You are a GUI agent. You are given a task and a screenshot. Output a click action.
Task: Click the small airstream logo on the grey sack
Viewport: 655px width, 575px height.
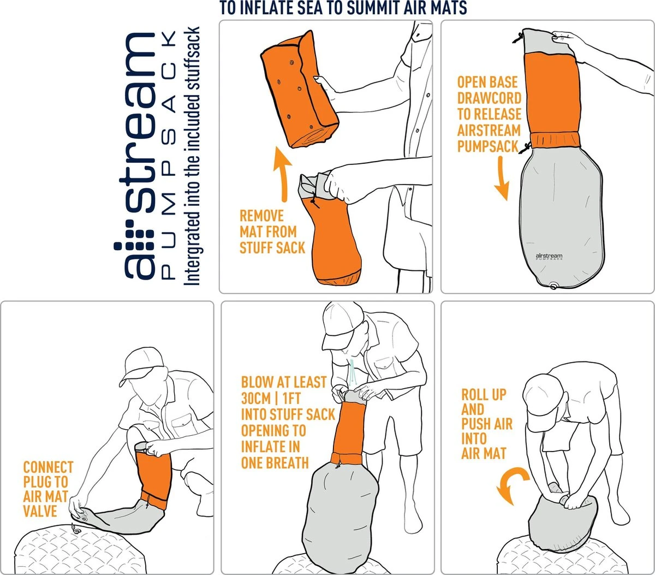pyautogui.click(x=549, y=257)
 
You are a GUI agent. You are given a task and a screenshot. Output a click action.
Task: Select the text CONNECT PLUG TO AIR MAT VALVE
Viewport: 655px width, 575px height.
pyautogui.click(x=47, y=489)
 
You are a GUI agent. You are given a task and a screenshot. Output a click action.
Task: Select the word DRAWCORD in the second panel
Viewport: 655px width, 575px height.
pyautogui.click(x=489, y=98)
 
